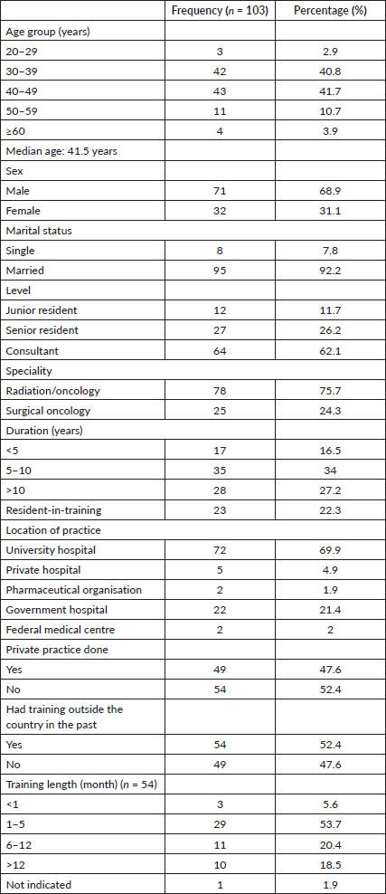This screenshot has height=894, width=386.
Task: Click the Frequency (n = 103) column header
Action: pos(221,12)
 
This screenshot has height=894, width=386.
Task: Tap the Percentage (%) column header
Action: pos(330,12)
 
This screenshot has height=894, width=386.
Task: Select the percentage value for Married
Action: pos(330,271)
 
